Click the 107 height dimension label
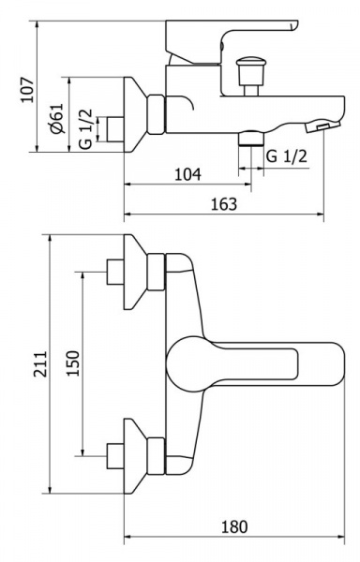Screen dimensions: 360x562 pyautogui.click(x=27, y=90)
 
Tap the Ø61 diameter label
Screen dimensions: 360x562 pyautogui.click(x=57, y=119)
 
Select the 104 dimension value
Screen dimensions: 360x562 pyautogui.click(x=187, y=174)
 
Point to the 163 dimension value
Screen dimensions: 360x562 pyautogui.click(x=224, y=204)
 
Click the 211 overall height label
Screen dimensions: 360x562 pyautogui.click(x=40, y=363)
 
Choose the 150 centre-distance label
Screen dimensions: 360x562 pyautogui.click(x=73, y=363)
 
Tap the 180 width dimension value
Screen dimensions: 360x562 pyautogui.click(x=234, y=526)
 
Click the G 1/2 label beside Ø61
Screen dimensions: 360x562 pyautogui.click(x=86, y=129)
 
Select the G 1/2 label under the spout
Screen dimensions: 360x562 pyautogui.click(x=287, y=156)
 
